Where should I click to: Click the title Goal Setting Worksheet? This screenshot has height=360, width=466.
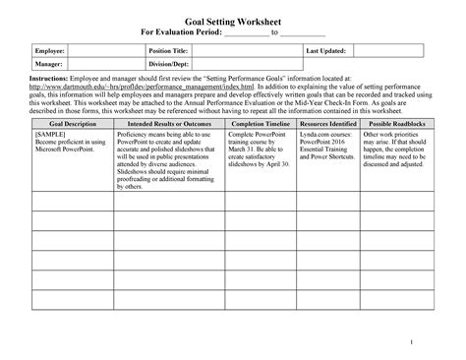[x=234, y=19]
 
